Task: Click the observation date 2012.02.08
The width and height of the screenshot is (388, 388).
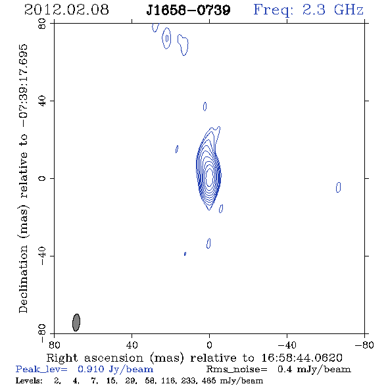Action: tap(66, 10)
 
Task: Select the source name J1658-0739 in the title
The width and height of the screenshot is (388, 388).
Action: tap(188, 10)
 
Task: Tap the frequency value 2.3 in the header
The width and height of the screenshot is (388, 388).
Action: tap(314, 10)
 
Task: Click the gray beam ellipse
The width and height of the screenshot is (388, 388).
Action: tap(76, 322)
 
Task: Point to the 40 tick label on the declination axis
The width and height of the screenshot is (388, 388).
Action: tap(42, 101)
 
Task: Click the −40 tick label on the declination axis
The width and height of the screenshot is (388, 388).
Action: tap(42, 256)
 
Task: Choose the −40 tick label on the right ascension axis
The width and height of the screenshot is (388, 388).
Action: tap(287, 345)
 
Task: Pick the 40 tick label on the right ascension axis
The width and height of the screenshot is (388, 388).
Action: tap(132, 345)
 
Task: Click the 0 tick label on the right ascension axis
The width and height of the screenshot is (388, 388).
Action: tap(209, 345)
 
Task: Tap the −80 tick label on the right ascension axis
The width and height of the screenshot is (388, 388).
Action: tap(364, 345)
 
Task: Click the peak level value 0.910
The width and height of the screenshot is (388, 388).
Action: tap(91, 369)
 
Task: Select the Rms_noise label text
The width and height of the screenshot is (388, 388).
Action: tap(237, 369)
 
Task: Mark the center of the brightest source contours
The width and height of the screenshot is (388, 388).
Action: tap(209, 176)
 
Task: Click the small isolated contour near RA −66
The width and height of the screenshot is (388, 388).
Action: tap(338, 187)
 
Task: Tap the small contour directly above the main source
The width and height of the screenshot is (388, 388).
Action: tap(205, 107)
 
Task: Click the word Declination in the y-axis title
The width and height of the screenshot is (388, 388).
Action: tap(23, 279)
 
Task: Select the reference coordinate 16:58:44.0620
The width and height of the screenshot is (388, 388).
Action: tap(302, 358)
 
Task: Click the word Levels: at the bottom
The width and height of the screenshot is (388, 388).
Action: tap(29, 380)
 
